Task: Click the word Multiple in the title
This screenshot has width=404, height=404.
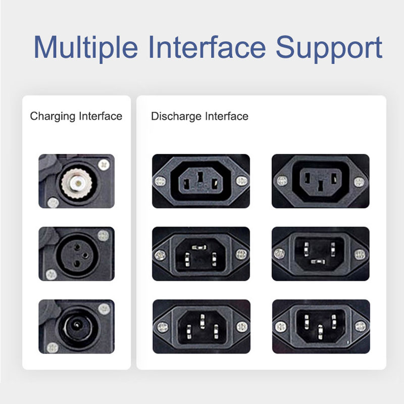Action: pos(86,48)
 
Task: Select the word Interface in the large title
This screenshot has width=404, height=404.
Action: pos(207,47)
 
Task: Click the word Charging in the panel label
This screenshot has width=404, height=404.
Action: pos(54,117)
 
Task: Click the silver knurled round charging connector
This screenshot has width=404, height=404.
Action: pos(77,183)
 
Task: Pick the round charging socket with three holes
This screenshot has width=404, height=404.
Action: pos(77,256)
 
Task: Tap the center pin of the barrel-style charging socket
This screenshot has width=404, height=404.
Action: pos(77,325)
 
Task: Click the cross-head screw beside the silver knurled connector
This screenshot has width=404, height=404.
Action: pos(104,165)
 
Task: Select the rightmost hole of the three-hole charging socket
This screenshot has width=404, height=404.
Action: pos(85,256)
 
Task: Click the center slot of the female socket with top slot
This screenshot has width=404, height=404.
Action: pos(200,178)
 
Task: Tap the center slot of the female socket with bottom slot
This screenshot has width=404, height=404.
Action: pos(320,185)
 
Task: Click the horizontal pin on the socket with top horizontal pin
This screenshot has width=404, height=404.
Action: pos(199,247)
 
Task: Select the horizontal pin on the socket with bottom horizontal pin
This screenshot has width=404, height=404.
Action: pos(318,262)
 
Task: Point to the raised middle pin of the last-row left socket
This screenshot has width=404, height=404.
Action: pos(203,321)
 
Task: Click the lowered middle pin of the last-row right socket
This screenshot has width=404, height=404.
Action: pos(320,332)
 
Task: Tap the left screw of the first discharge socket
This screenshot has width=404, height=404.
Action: pos(160,181)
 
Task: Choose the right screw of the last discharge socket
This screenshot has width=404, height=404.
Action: pos(360,327)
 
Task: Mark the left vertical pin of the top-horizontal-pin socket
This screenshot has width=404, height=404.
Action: pos(187,260)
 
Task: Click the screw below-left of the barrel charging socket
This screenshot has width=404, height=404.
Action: pos(53,348)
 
